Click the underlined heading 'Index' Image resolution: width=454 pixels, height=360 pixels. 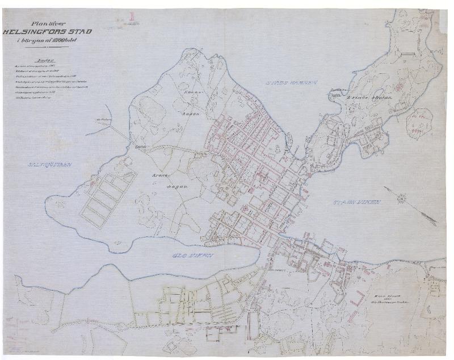(45, 58)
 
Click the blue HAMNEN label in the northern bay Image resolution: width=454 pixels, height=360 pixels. (293, 83)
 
